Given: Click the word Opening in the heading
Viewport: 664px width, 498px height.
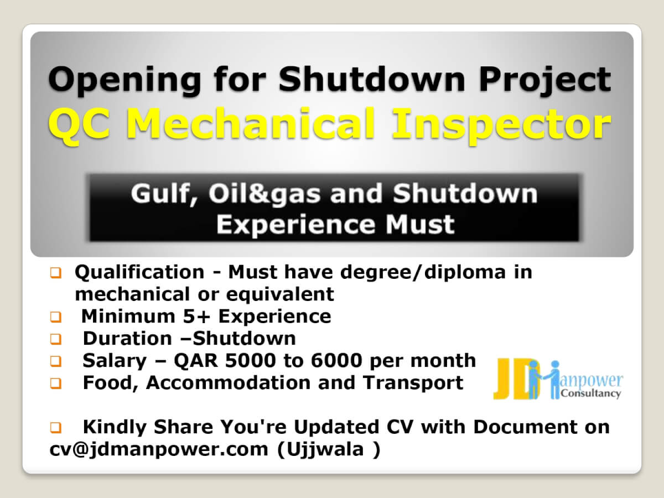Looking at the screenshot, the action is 124,81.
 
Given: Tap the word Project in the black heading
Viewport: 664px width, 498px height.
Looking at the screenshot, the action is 545,81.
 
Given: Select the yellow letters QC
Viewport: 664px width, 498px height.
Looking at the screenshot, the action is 79,124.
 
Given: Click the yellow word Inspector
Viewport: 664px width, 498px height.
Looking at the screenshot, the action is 501,126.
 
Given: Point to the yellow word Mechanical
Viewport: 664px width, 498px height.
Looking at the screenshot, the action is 252,124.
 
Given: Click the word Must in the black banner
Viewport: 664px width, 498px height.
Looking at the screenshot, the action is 420,224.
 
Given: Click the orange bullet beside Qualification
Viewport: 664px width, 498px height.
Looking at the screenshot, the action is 56,273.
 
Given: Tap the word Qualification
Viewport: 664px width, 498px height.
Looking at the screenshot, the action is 139,272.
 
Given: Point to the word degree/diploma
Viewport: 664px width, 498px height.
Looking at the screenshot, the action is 423,273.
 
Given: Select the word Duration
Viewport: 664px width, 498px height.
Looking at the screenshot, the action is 127,338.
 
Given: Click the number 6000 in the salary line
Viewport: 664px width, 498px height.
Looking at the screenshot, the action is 336,361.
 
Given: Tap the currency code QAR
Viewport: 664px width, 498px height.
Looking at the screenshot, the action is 196,361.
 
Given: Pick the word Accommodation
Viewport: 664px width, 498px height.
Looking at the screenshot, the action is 229,383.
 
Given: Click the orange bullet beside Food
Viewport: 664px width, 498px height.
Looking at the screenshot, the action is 56,383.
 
